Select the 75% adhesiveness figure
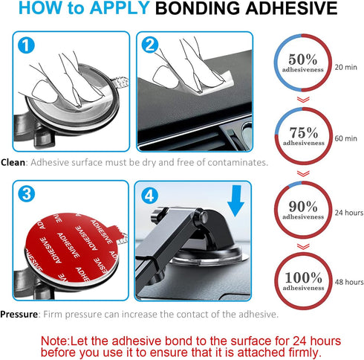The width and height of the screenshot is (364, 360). (x=302, y=133)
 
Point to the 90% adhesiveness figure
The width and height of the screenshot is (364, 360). (x=302, y=209)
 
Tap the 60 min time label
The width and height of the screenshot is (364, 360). (x=346, y=138)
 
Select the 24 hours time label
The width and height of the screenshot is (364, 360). (x=348, y=212)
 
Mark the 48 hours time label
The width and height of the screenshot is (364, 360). (x=348, y=283)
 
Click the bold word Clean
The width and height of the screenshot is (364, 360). (x=13, y=161)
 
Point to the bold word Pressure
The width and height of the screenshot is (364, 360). (x=19, y=313)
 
